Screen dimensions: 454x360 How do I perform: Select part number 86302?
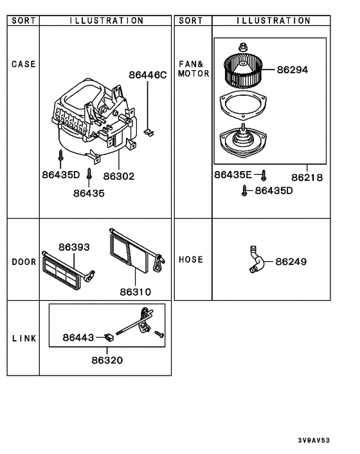tap(119, 175)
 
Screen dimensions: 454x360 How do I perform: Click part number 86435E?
tap(235, 174)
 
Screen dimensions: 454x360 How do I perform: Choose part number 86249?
tap(291, 262)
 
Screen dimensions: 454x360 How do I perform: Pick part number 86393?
tap(74, 247)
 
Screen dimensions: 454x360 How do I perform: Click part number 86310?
tap(135, 291)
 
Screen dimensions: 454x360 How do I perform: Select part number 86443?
tap(78, 337)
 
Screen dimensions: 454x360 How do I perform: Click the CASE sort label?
tap(24, 64)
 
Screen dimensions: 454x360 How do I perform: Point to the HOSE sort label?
tap(191, 260)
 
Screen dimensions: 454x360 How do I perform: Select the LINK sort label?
tap(24, 338)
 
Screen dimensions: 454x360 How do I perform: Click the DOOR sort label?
tap(24, 262)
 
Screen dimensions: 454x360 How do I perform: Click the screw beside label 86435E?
tap(264, 174)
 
